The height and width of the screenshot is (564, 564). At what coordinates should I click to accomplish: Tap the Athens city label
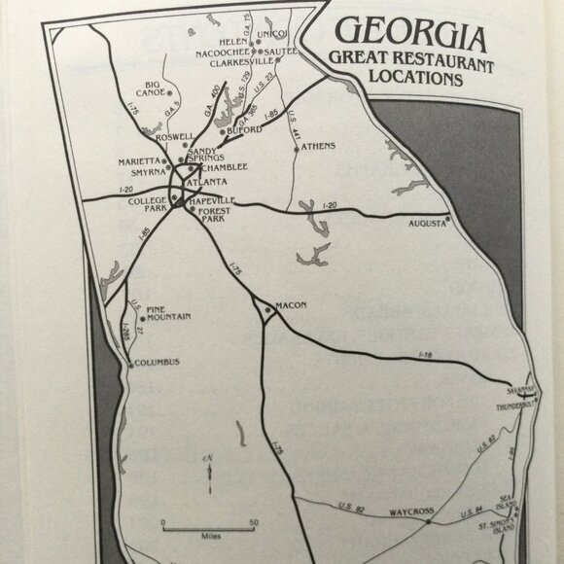tap(317, 147)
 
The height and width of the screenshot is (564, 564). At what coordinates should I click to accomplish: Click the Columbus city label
tap(158, 363)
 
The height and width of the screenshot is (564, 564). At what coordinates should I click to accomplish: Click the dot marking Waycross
tap(429, 521)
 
